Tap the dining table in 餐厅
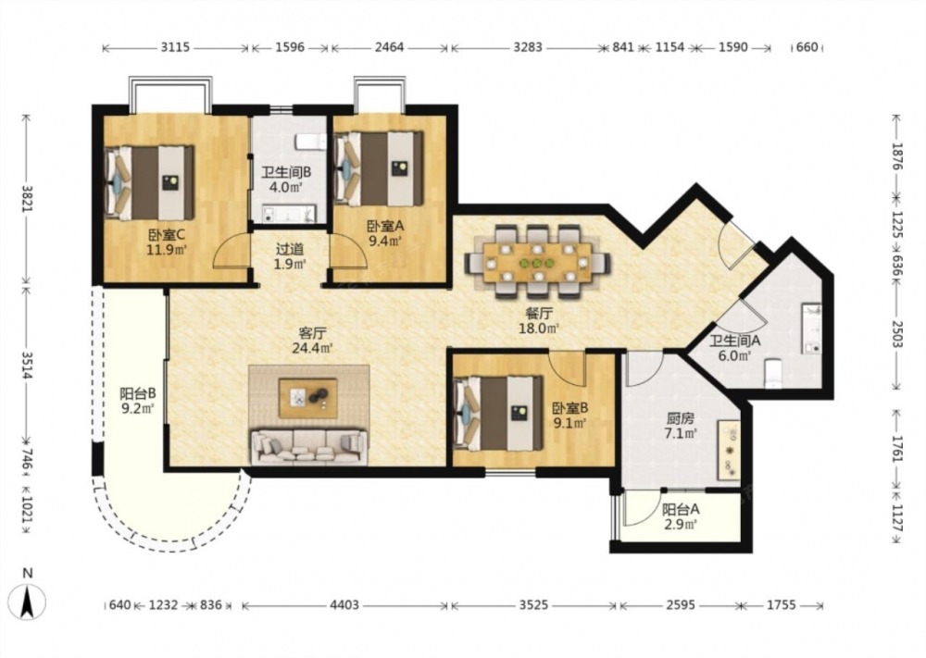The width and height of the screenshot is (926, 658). point(537,262)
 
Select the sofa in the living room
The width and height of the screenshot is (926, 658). point(309,446)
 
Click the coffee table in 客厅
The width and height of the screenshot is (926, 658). point(307,398)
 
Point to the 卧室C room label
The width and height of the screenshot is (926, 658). point(166,235)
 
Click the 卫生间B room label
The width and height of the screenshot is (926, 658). point(286,172)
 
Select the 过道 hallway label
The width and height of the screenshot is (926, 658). point(290,249)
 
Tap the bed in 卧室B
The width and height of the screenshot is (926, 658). point(497,413)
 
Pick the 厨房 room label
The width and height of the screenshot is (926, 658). point(681,418)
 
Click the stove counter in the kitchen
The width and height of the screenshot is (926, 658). point(729,450)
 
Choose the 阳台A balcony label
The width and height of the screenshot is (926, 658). point(681,509)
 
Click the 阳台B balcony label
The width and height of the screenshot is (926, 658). point(138,392)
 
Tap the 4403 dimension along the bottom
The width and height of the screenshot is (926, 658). point(344,605)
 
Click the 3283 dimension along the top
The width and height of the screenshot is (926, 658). point(528,46)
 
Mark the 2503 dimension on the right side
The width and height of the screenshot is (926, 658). point(897,334)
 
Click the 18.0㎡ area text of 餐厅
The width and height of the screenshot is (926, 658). point(539,329)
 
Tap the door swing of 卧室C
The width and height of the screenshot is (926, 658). point(231,251)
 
